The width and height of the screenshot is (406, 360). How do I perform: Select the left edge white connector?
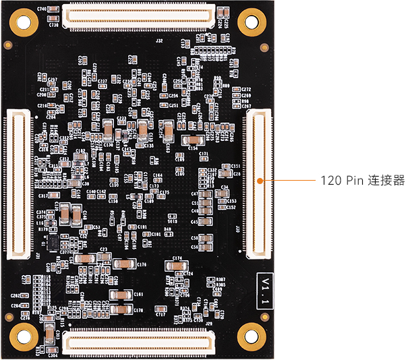pyautogui.click(x=16, y=184)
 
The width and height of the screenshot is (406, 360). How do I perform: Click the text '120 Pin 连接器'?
pyautogui.click(x=362, y=181)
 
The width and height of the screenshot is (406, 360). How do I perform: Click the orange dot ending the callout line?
pyautogui.click(x=260, y=181)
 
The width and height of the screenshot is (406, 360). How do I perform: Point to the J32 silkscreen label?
pyautogui.click(x=159, y=40)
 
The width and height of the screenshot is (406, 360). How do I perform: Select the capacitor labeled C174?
pyautogui.click(x=177, y=266)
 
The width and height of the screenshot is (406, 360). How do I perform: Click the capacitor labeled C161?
pyautogui.click(x=122, y=295)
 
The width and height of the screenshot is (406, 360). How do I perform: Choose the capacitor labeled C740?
pyautogui.click(x=56, y=11)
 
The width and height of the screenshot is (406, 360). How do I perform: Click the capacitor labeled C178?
pyautogui.click(x=122, y=309)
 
